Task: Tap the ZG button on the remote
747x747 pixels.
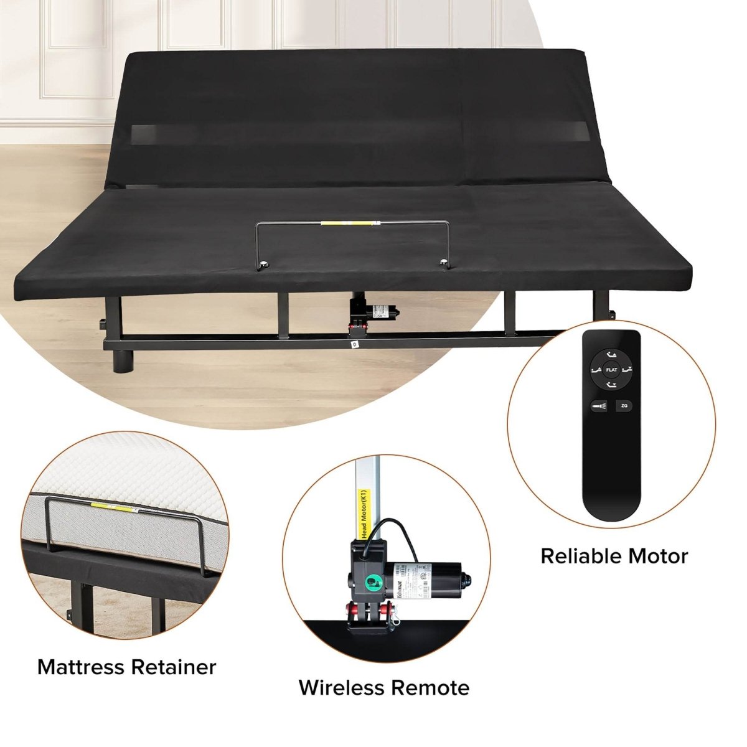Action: (624, 406)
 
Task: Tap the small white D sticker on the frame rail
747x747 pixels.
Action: (354, 343)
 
